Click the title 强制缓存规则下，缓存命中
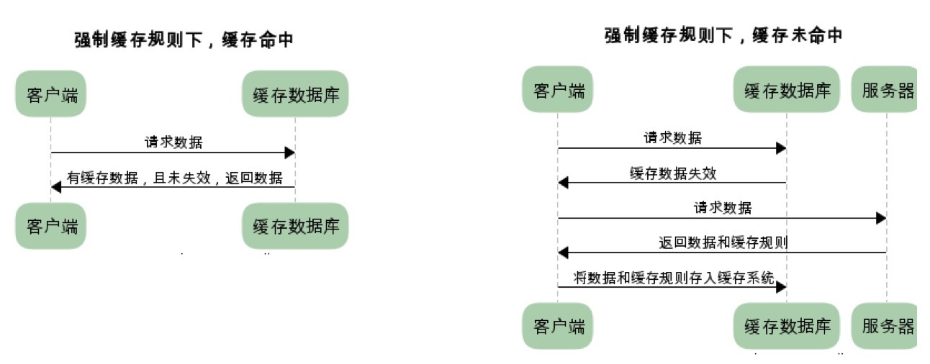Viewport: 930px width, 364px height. click(184, 40)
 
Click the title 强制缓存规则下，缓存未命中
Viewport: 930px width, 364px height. click(723, 35)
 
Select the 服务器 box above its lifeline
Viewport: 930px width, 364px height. click(885, 90)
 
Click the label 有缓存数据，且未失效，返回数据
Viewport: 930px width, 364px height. click(175, 178)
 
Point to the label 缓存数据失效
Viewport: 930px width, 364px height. click(673, 173)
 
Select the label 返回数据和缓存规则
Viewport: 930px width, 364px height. click(723, 242)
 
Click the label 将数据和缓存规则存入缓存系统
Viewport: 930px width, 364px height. click(674, 278)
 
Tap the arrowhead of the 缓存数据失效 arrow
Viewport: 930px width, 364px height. click(563, 183)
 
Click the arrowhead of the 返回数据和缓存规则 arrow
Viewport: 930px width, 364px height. click(563, 252)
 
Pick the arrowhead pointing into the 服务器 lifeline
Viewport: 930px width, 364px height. click(880, 218)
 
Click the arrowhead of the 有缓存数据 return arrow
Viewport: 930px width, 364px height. click(56, 187)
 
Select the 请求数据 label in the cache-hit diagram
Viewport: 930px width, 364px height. click(173, 142)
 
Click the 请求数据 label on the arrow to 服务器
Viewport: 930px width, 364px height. click(723, 208)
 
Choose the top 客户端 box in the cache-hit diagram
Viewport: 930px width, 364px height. click(51, 94)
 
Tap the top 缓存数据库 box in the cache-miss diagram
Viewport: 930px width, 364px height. click(787, 90)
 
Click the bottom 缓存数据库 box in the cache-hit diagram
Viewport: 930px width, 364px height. click(296, 226)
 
